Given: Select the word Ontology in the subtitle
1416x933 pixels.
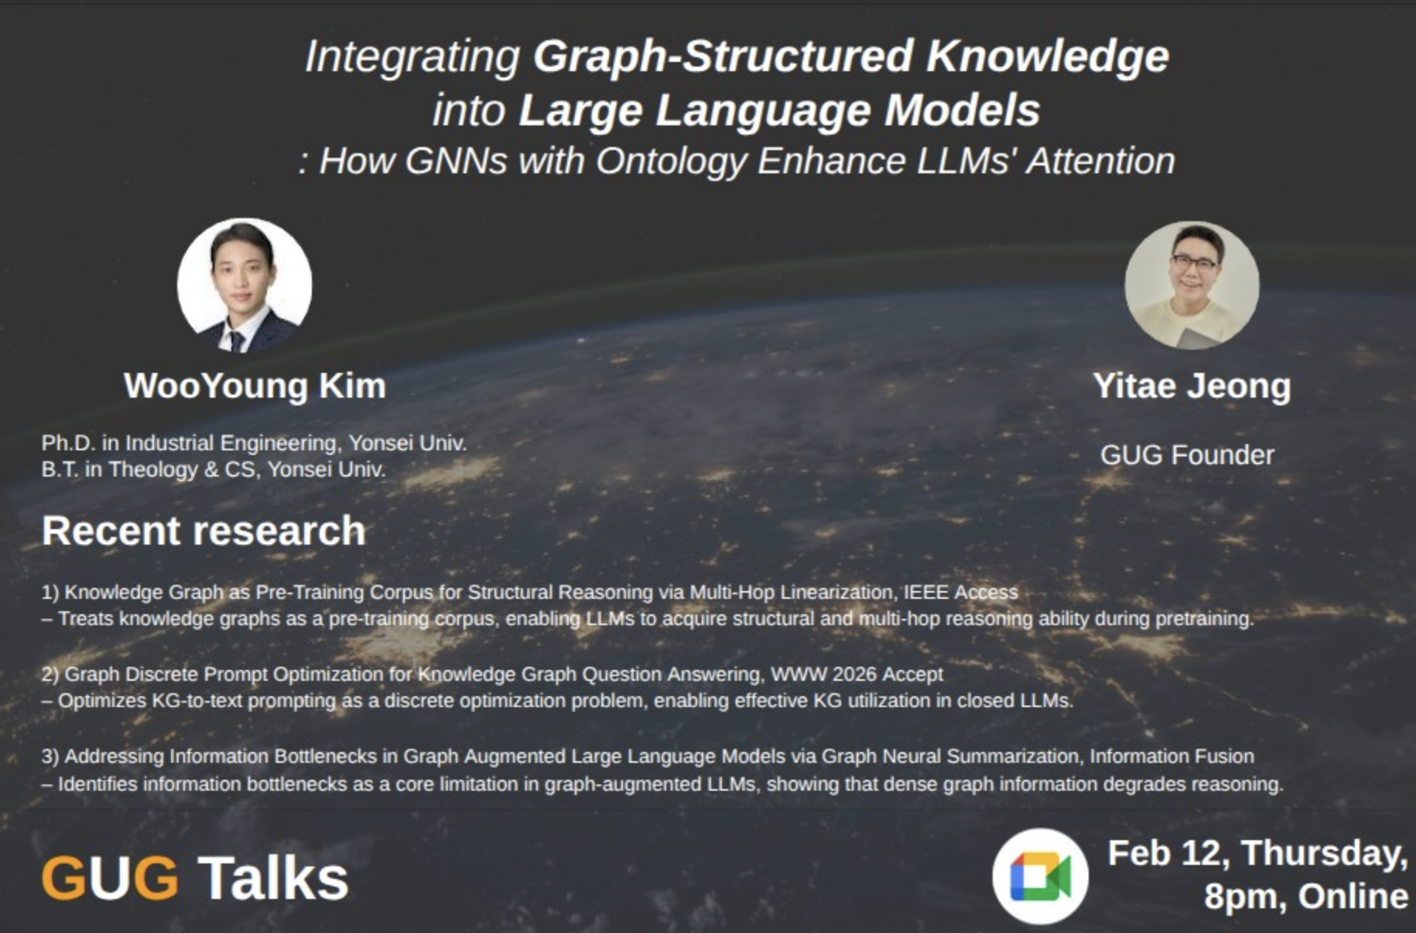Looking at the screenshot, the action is (x=671, y=162).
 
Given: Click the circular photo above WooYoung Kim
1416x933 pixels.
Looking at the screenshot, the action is (x=245, y=285).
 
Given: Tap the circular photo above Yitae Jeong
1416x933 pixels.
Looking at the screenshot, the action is (x=1192, y=285).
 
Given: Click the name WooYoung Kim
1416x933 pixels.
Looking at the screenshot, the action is (x=255, y=385).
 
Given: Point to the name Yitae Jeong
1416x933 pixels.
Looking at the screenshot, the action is (x=1192, y=386).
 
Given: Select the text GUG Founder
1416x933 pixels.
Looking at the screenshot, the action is (x=1187, y=455).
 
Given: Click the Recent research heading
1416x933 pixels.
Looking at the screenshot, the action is (x=204, y=531).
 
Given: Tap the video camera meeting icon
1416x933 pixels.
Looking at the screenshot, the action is (x=1041, y=877).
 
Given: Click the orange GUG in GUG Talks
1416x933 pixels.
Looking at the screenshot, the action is (x=110, y=879).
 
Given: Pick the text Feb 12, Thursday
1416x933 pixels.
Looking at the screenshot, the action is (x=1257, y=854).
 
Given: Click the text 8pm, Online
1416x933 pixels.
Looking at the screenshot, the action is (x=1305, y=897).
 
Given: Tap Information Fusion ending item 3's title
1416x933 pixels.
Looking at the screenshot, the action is (x=1172, y=757).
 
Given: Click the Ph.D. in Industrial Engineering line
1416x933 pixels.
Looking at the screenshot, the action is (x=254, y=443).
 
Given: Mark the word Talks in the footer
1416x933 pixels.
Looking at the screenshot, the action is (x=273, y=879).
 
